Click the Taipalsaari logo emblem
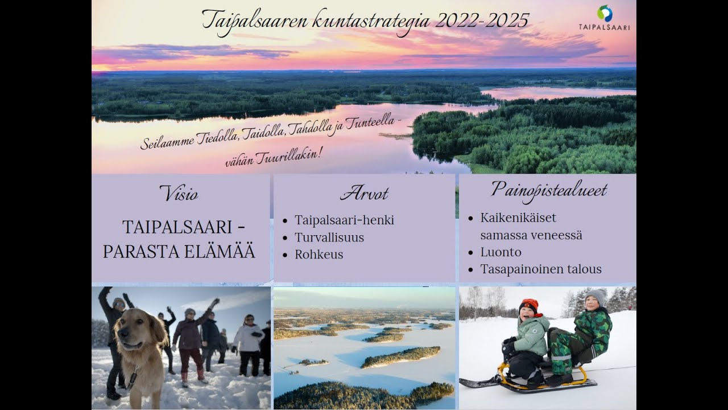(605, 13)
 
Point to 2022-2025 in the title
(482, 20)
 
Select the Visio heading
(179, 194)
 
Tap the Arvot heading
(364, 194)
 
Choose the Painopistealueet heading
(549, 190)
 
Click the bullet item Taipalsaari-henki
(344, 220)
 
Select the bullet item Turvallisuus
(329, 237)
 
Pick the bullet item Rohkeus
(318, 255)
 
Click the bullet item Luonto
(500, 252)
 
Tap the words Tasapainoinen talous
(540, 269)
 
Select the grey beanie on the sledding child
(597, 296)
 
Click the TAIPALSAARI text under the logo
(604, 27)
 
